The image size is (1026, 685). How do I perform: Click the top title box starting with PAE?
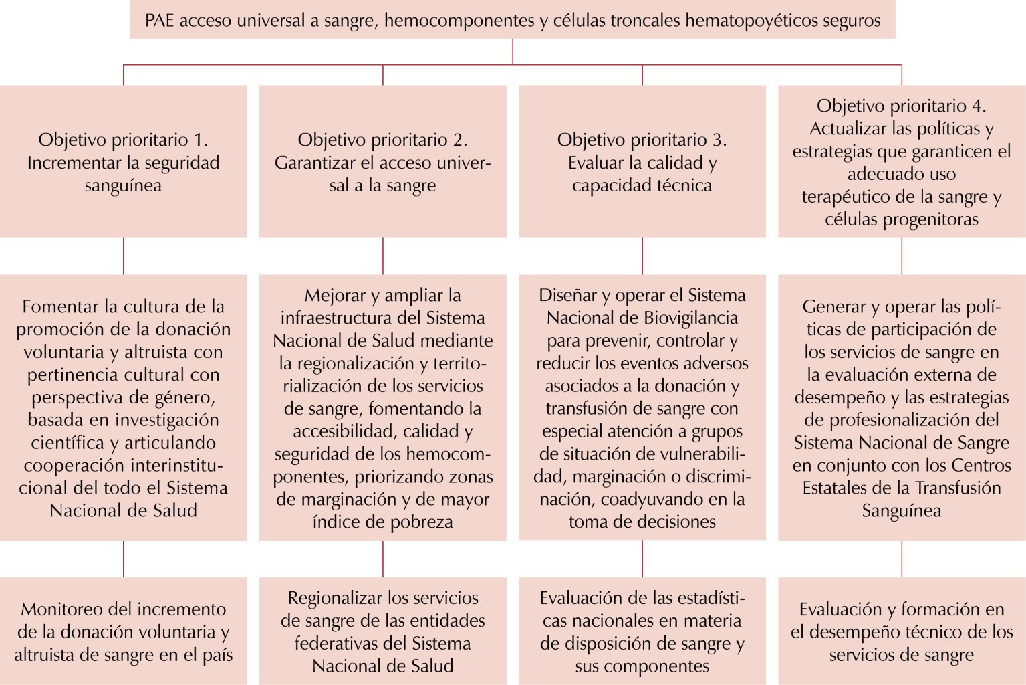pyautogui.click(x=512, y=21)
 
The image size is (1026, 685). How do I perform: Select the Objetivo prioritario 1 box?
pyautogui.click(x=123, y=162)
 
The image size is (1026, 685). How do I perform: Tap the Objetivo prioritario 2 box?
pyautogui.click(x=382, y=162)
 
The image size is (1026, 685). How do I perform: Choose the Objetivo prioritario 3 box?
pyautogui.click(x=642, y=162)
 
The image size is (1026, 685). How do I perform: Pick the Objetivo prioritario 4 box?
pyautogui.click(x=901, y=162)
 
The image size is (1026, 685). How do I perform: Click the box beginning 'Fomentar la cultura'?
pyautogui.click(x=123, y=407)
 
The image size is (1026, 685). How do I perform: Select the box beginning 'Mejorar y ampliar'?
pyautogui.click(x=382, y=407)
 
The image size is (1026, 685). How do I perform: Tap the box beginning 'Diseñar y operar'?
pyautogui.click(x=642, y=407)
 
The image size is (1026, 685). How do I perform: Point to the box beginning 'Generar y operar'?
pyautogui.click(x=901, y=407)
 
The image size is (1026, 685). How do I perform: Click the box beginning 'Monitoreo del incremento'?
pyautogui.click(x=123, y=631)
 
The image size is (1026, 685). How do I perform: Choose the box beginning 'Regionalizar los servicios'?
pyautogui.click(x=382, y=631)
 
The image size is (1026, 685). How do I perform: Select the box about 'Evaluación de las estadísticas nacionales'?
pyautogui.click(x=642, y=631)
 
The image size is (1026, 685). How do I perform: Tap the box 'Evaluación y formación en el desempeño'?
pyautogui.click(x=901, y=631)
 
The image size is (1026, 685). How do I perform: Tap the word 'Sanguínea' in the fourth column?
pyautogui.click(x=901, y=511)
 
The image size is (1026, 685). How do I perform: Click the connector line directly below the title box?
pyautogui.click(x=513, y=52)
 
